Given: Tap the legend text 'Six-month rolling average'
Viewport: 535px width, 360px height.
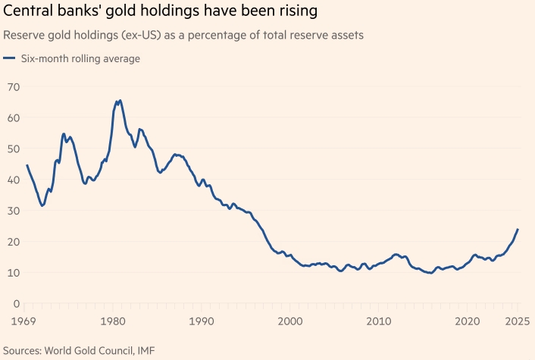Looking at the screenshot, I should pyautogui.click(x=80, y=58).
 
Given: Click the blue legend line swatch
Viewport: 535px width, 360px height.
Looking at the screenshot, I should pyautogui.click(x=9, y=58).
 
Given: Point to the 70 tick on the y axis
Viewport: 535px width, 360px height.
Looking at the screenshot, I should pyautogui.click(x=11, y=86).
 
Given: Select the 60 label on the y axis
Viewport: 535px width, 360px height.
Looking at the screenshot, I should pyautogui.click(x=11, y=117).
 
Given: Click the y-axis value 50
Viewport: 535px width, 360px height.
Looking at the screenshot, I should pyautogui.click(x=11, y=149).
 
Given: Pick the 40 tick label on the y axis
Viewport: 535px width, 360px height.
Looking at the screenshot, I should pyautogui.click(x=11, y=180).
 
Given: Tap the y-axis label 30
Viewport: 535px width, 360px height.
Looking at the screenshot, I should pyautogui.click(x=11, y=211).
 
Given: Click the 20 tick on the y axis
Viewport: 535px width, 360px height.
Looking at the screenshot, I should pyautogui.click(x=11, y=242).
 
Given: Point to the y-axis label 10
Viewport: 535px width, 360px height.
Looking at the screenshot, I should pyautogui.click(x=11, y=273).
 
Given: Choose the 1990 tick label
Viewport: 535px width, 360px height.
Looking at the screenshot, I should pyautogui.click(x=200, y=321).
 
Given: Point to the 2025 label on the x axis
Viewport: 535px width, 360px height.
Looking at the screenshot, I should pyautogui.click(x=518, y=321).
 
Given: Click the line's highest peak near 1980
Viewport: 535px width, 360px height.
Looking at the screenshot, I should pyautogui.click(x=119, y=100).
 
